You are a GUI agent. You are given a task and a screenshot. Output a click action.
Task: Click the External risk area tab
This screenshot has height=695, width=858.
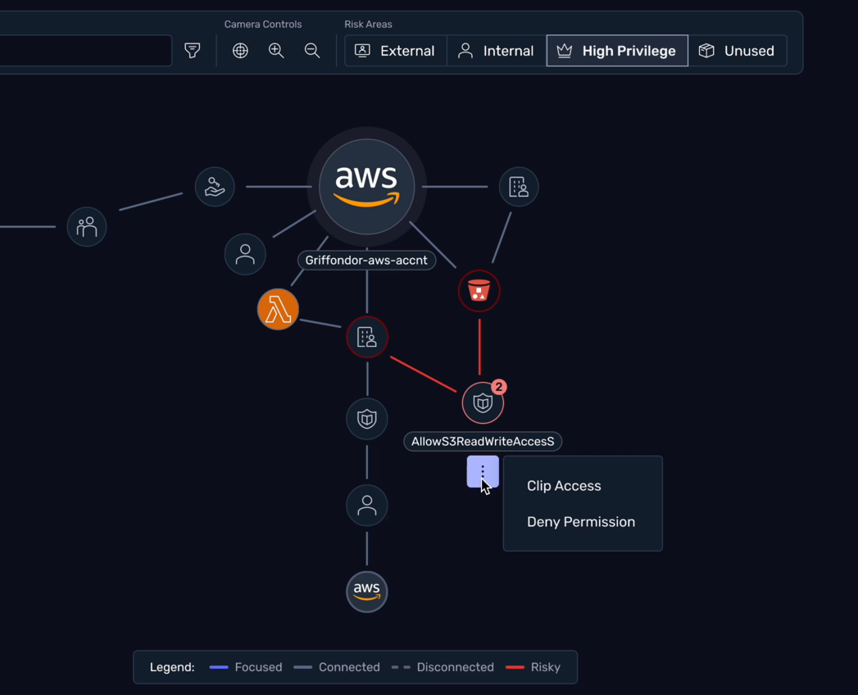(395, 51)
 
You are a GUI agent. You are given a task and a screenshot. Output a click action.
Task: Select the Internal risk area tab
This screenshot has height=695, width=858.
(496, 51)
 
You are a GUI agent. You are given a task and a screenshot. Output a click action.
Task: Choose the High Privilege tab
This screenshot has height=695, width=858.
(617, 51)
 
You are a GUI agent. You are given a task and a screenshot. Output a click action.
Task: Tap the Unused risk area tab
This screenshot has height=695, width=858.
(737, 51)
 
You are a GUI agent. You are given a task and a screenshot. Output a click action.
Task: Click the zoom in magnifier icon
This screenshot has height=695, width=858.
(276, 51)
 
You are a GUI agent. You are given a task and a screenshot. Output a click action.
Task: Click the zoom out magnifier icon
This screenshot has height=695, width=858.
(312, 51)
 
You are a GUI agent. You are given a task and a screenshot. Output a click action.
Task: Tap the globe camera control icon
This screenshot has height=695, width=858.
(240, 51)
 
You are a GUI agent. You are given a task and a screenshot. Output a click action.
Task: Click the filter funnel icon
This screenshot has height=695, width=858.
(193, 51)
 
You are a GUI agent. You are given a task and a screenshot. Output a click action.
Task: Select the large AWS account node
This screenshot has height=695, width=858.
(366, 187)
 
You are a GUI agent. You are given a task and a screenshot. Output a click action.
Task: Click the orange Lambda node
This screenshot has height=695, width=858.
(278, 310)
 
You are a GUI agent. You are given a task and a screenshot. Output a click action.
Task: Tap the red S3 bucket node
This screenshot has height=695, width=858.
(479, 291)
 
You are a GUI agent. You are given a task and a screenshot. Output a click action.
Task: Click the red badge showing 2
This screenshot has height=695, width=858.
(498, 387)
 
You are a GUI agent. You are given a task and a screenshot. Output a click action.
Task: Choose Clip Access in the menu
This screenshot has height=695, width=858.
(564, 486)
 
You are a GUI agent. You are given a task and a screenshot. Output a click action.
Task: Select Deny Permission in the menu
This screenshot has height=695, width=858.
(580, 522)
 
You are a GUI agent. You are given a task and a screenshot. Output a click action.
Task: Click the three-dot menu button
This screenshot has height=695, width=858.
(483, 472)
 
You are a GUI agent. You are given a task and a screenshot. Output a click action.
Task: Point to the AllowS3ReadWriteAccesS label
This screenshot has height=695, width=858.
(483, 442)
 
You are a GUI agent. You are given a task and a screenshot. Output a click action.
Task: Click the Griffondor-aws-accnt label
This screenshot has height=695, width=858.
(366, 261)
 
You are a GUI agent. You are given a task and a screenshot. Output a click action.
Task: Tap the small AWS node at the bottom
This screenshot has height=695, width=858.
(366, 591)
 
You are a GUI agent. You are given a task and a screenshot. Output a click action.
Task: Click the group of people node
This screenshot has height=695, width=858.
(87, 227)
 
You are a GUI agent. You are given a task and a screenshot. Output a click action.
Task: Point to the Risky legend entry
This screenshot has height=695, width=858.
(533, 667)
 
